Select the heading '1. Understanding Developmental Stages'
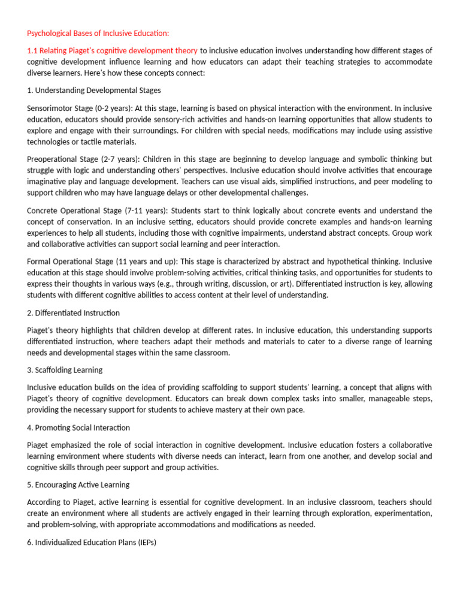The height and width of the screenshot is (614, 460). point(94,91)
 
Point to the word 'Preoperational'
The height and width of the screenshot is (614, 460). point(53,159)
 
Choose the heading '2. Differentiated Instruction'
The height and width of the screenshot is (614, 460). point(74,313)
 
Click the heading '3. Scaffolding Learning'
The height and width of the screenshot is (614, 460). point(65,370)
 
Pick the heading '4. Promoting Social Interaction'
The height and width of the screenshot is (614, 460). point(78,428)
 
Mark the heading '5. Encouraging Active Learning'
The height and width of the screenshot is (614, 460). point(78,484)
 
